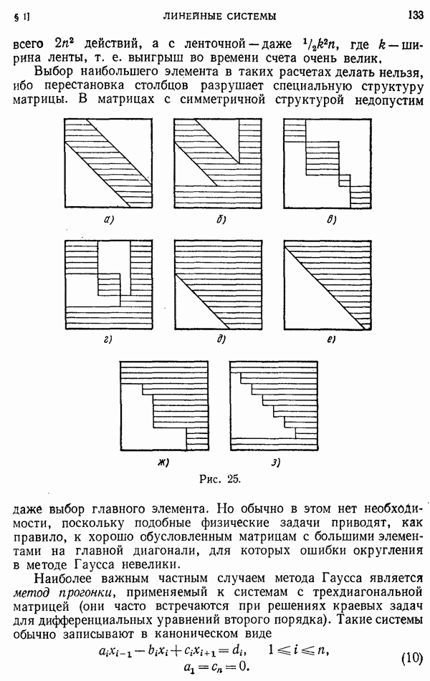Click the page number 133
(414, 14)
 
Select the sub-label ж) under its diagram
(163, 462)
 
